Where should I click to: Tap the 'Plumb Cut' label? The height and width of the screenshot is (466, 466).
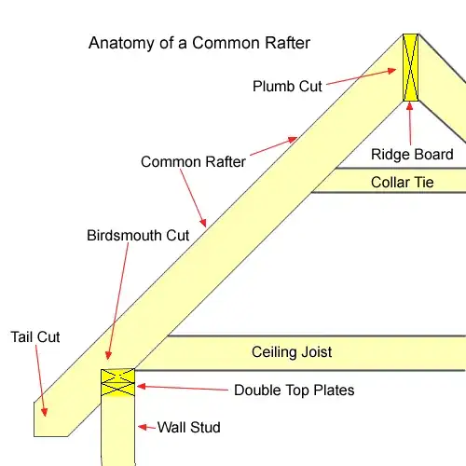287,87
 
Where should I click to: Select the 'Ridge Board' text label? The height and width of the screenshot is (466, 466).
413,155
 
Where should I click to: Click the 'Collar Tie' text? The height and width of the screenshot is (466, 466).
403,183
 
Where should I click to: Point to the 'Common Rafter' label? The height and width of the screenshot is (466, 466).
193,162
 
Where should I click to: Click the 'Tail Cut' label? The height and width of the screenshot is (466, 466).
35,336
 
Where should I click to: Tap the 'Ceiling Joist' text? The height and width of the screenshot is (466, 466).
292,352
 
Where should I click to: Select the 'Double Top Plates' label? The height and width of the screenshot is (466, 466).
294,390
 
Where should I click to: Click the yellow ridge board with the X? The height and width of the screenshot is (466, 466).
410,68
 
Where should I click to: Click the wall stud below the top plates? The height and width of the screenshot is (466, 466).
117,433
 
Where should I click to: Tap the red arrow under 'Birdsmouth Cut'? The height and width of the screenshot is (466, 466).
114,303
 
